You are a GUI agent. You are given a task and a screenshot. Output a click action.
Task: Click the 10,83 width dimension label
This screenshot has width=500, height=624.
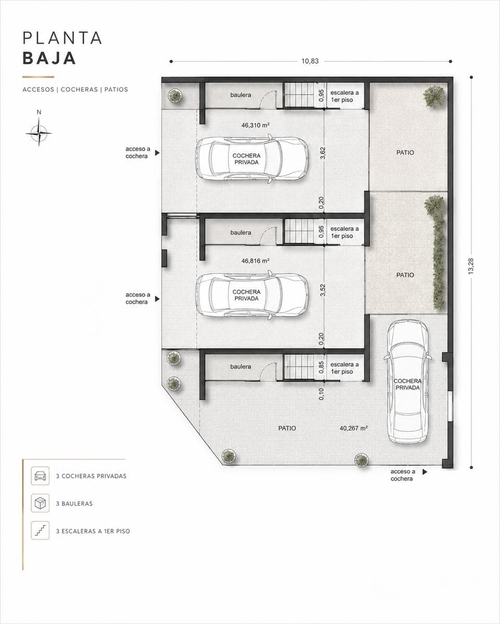[x=310, y=61]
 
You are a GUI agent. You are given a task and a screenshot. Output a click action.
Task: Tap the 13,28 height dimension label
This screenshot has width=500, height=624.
[x=471, y=266]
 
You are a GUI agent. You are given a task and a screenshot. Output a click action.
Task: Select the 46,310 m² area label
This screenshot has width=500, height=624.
[x=255, y=125]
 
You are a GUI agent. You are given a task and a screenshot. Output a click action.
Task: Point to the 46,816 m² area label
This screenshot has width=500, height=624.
[x=255, y=261]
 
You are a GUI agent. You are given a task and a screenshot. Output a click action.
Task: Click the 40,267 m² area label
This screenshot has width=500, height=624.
[x=354, y=428]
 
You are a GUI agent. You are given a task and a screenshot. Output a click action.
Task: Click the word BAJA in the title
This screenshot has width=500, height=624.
[x=49, y=58]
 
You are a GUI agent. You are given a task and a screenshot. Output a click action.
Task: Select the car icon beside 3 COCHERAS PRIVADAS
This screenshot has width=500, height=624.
[x=40, y=476]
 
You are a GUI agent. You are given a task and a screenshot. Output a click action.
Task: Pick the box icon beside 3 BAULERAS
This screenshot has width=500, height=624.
[x=40, y=503]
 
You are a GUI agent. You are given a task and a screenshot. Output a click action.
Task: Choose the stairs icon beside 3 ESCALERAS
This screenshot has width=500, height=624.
[x=40, y=530]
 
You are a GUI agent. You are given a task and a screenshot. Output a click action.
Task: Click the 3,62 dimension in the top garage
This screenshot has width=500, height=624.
[x=322, y=153]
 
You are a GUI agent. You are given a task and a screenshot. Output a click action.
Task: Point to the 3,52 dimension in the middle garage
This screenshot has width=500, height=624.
[x=322, y=290]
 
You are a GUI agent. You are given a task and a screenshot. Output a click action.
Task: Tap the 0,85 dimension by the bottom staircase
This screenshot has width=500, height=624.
[x=321, y=368]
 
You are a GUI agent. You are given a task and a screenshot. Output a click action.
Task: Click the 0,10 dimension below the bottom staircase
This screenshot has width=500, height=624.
[x=321, y=394]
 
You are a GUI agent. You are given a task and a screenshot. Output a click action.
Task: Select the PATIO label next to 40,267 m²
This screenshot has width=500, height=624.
[x=287, y=428]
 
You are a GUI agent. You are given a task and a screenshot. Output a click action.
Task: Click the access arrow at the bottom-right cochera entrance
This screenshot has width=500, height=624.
[x=425, y=472]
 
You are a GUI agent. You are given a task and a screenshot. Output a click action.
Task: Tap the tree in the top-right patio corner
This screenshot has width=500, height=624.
[x=434, y=97]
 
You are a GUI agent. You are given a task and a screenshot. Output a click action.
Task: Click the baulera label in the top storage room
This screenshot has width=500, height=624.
[x=241, y=95]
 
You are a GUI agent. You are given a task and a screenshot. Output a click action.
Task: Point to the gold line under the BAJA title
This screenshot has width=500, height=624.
[x=39, y=77]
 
